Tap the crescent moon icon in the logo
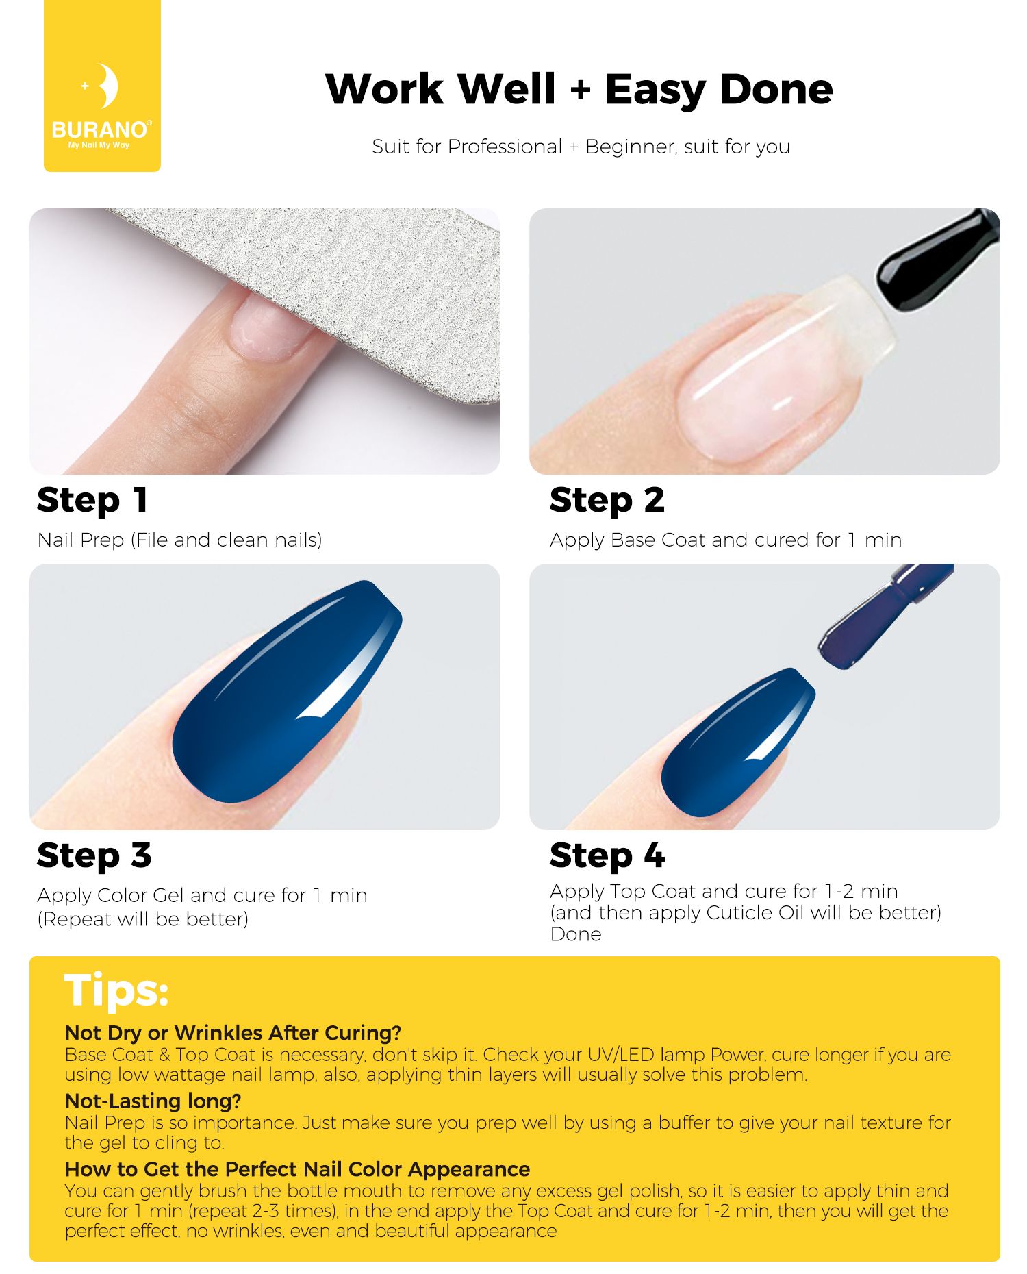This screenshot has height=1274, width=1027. coord(107,86)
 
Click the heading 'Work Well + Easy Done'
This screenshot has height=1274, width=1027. coord(579,89)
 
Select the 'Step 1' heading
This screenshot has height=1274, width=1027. coord(92,500)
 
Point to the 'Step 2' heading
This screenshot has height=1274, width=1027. coord(607,500)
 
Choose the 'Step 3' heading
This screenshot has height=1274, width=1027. coord(94,855)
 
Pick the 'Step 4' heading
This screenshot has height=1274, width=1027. coord(607,855)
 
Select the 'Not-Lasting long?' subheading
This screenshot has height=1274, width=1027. coord(153,1101)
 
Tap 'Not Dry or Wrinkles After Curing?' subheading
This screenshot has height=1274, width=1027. coord(233,1033)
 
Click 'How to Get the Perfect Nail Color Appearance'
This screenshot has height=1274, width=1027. coord(298,1169)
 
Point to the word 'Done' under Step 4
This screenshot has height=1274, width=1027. coord(576,934)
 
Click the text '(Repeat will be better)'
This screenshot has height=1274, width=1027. coord(143,919)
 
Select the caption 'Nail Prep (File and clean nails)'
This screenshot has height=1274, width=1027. coord(180,540)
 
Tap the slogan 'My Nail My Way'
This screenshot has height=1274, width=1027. coord(99,145)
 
